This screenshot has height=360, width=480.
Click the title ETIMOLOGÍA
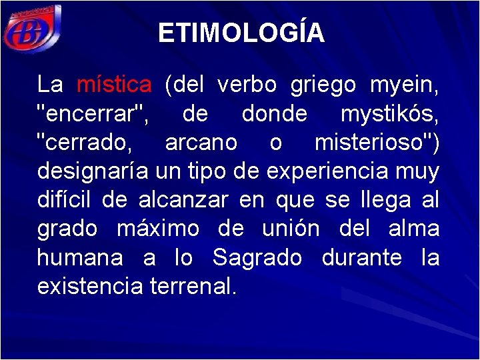241,33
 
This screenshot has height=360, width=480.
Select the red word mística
114,85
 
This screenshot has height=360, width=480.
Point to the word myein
404,85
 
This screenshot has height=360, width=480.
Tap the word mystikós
389,114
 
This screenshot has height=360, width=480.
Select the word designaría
93,171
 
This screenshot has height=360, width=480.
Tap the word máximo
158,229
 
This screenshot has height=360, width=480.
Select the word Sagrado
257,257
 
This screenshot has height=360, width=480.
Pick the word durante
361,257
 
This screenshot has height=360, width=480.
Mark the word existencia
90,286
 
